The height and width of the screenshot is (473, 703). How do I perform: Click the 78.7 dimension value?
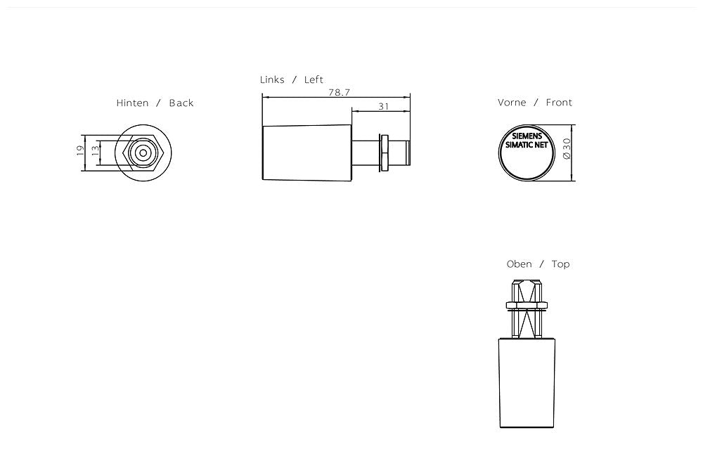tap(339, 92)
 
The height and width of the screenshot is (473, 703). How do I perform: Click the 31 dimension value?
tap(383, 106)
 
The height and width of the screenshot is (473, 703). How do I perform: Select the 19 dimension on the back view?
tap(80, 150)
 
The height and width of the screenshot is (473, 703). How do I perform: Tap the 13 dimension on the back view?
tap(95, 150)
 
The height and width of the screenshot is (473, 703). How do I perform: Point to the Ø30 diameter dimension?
tap(567, 148)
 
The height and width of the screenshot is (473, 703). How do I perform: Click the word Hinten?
tap(132, 103)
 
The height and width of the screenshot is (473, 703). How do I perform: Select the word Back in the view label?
tap(181, 103)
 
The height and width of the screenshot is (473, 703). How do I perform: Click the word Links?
tap(272, 80)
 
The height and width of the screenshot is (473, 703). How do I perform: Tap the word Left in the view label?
tap(314, 80)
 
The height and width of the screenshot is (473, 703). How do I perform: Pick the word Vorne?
tap(512, 103)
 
